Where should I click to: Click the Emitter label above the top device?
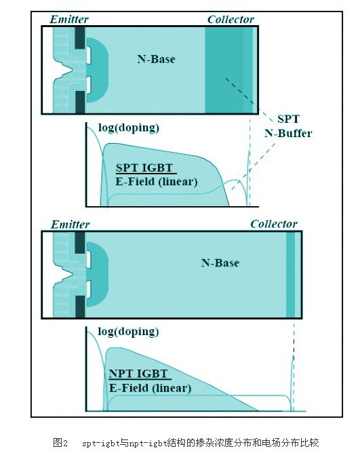click(69, 19)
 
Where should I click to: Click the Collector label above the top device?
click(231, 19)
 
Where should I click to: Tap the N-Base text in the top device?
click(156, 59)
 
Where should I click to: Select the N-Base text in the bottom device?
click(220, 263)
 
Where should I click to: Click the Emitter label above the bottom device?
click(70, 224)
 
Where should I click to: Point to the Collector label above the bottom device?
click(274, 224)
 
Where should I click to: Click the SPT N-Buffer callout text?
click(288, 126)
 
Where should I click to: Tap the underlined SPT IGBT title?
click(144, 168)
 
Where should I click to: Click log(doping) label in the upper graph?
click(129, 128)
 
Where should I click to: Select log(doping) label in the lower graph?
click(128, 332)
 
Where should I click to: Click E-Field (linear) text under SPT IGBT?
click(157, 182)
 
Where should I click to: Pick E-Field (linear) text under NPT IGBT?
click(150, 388)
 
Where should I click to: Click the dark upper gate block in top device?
click(80, 37)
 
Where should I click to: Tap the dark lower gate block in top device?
click(80, 102)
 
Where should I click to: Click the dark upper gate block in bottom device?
click(80, 243)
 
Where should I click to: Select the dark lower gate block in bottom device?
click(80, 307)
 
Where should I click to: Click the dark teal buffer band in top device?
click(224, 70)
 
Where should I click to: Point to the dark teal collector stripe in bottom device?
click(290, 275)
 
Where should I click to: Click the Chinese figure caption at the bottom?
click(186, 442)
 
